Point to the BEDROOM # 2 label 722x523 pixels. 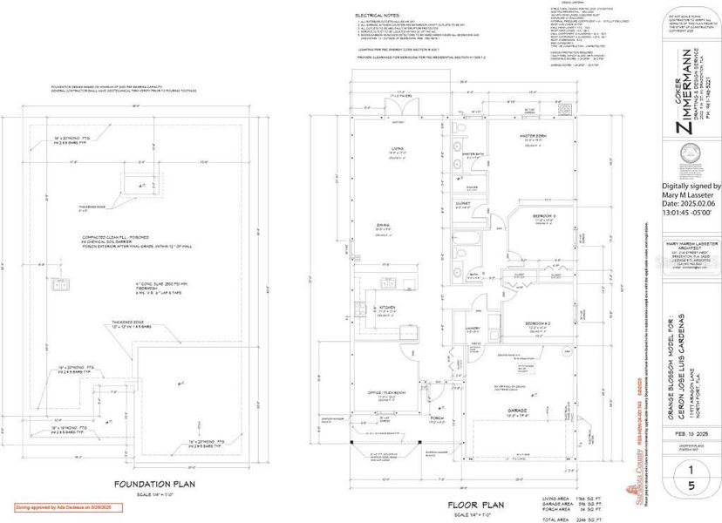coord(535,322)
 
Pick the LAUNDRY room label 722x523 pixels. coord(474,328)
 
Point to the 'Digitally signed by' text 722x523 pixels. coord(691,186)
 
